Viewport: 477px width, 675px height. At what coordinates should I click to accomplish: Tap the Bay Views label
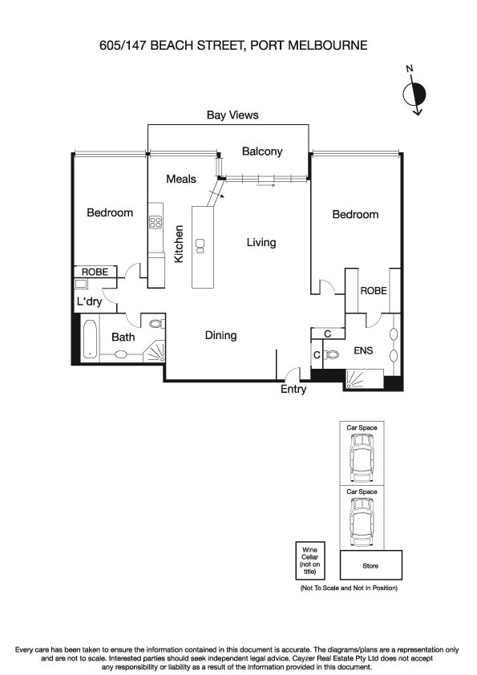point(232,115)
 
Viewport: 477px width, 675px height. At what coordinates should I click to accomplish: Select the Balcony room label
point(262,152)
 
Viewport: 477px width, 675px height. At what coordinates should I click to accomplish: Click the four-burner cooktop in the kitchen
point(156,224)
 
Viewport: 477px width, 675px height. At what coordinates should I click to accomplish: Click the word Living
point(261,242)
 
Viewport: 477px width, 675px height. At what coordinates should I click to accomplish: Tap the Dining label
point(220,336)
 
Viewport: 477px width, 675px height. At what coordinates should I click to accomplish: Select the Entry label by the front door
point(293,390)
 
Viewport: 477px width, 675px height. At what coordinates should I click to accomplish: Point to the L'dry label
point(90,302)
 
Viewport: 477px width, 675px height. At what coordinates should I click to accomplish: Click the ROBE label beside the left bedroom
point(95,273)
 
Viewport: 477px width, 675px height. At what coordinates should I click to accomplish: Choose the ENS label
point(363,350)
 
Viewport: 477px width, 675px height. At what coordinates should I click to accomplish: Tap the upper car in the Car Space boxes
point(362,460)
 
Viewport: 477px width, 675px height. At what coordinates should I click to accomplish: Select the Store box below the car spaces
point(371,566)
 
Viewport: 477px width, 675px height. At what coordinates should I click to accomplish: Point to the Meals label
point(181,179)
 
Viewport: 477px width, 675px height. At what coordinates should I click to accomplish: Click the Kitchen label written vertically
point(180,244)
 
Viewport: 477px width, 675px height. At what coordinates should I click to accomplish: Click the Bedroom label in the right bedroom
point(355,215)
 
